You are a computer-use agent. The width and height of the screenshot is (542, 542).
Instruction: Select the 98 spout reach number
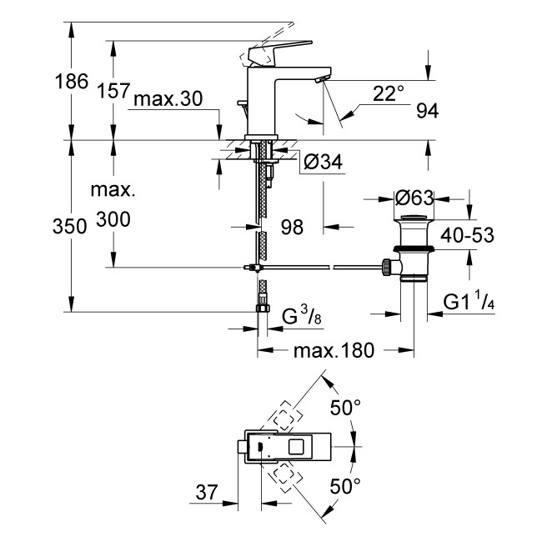(292, 225)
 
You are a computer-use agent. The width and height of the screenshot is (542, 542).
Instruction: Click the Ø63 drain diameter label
(414, 198)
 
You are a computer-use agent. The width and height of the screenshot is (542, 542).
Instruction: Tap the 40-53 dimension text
(466, 235)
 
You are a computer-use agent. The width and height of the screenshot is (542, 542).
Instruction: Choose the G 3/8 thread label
(302, 318)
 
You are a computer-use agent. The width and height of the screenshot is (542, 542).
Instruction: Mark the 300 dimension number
(112, 219)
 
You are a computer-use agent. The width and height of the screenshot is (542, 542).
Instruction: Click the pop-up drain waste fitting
(413, 248)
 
